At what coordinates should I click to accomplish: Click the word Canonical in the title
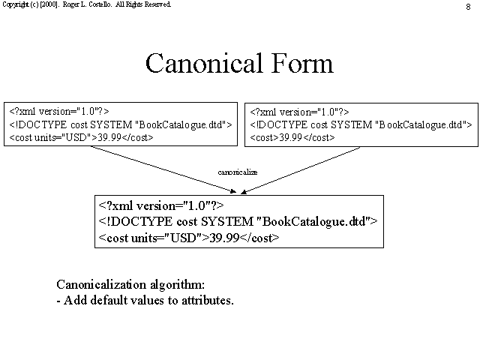[x=204, y=63]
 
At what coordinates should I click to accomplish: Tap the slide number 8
[x=468, y=7]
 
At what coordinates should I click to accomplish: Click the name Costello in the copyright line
[x=100, y=4]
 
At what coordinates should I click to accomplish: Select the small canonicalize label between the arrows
[x=238, y=172]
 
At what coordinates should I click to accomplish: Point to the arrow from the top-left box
[x=163, y=169]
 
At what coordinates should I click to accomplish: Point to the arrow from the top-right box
[x=300, y=170]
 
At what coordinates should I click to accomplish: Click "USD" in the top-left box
[x=75, y=137]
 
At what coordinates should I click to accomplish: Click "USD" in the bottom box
[x=183, y=238]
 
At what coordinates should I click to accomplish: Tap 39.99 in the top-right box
[x=291, y=137]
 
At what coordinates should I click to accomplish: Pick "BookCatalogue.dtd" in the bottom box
[x=313, y=221]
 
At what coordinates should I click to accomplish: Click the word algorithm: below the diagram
[x=177, y=285]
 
